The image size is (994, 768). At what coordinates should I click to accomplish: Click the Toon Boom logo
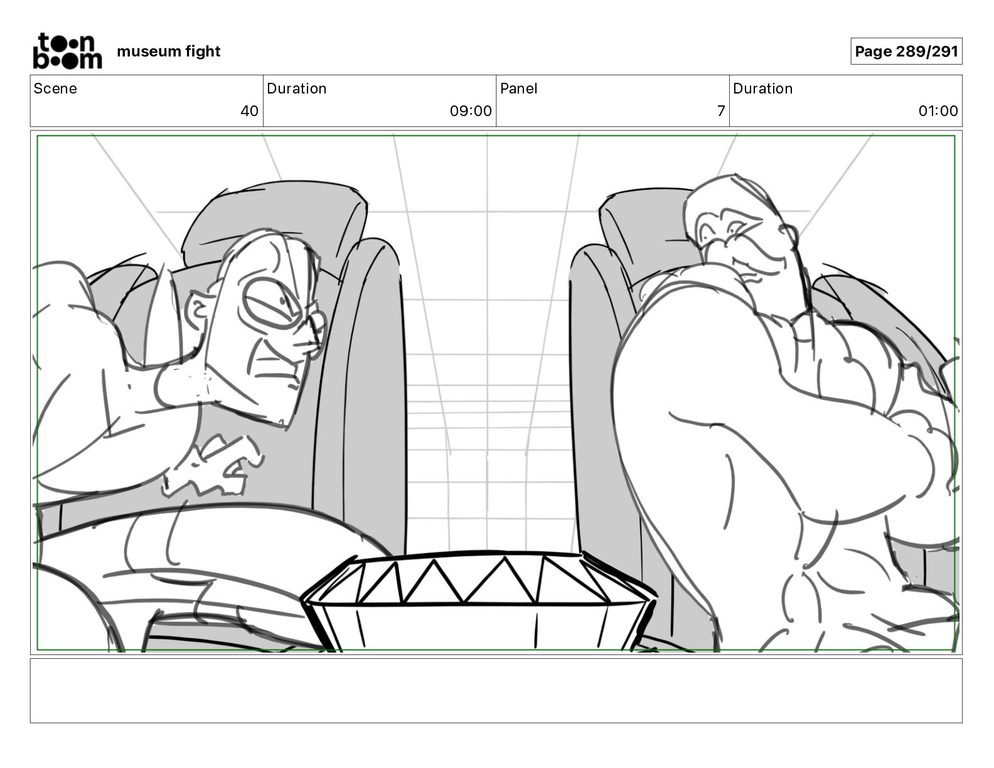tap(67, 51)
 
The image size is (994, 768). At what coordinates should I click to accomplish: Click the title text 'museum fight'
tap(168, 51)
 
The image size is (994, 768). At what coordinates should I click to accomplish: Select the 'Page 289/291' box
tap(906, 51)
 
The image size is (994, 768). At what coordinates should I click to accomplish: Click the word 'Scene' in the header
tap(55, 88)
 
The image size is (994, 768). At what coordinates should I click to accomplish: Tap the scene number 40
tap(249, 111)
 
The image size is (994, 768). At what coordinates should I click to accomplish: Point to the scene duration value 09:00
tap(470, 111)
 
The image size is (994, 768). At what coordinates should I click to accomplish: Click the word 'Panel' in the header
tap(518, 88)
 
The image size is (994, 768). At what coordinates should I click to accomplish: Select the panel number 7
tap(721, 111)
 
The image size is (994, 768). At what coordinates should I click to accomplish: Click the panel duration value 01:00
tap(938, 111)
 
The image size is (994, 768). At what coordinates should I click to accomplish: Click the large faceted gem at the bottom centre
tap(477, 602)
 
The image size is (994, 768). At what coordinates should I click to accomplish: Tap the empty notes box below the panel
tap(496, 690)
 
